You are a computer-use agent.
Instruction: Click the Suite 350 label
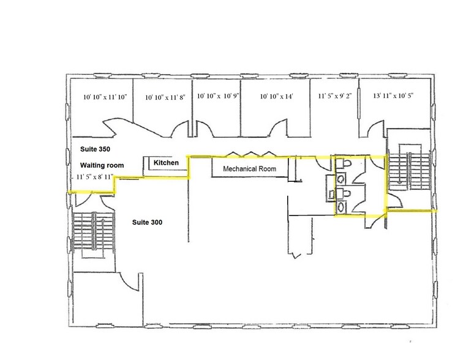click(x=94, y=149)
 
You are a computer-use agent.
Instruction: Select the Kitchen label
click(x=166, y=163)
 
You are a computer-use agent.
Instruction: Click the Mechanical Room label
click(x=249, y=168)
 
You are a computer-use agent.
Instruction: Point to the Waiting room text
click(x=102, y=165)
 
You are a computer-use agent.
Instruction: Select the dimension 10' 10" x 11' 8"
click(x=164, y=97)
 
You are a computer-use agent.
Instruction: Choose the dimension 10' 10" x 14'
click(x=277, y=97)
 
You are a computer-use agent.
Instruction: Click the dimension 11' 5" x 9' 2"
click(x=334, y=96)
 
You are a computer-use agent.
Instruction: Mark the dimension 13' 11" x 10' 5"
click(x=393, y=96)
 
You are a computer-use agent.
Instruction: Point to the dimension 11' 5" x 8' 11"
click(x=97, y=177)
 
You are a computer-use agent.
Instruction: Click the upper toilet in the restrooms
click(x=345, y=165)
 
